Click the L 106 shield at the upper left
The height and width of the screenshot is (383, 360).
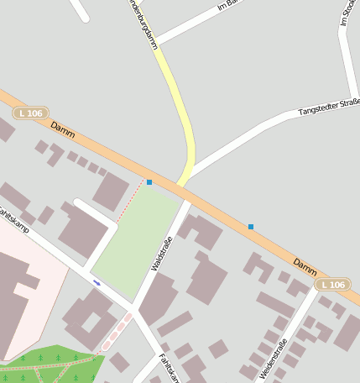[31, 113]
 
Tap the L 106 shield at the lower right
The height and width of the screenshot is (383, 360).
[333, 285]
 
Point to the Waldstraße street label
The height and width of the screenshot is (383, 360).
[164, 251]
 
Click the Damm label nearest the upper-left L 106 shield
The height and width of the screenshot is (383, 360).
[63, 129]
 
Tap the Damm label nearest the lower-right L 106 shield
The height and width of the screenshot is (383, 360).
[305, 266]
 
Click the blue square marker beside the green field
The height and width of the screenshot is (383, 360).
[149, 181]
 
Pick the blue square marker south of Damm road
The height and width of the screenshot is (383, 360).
[250, 226]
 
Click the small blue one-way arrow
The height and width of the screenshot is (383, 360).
[97, 282]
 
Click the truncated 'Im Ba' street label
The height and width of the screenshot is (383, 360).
[228, 6]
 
